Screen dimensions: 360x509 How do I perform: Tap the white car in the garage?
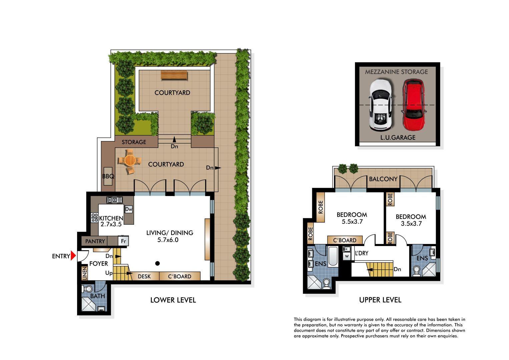pyautogui.click(x=380, y=105)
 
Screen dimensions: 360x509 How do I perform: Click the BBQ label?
pyautogui.click(x=108, y=176)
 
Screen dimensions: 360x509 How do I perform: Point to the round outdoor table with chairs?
pyautogui.click(x=129, y=161)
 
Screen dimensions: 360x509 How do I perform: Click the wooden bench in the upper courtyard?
pyautogui.click(x=174, y=75)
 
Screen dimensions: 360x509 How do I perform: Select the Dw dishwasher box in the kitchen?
pyautogui.click(x=129, y=209)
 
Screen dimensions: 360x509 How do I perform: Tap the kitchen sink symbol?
pyautogui.click(x=114, y=200)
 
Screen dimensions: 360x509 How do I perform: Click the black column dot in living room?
pyautogui.click(x=157, y=263)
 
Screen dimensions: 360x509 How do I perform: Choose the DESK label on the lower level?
pyautogui.click(x=144, y=276)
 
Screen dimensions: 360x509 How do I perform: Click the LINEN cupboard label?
pyautogui.click(x=85, y=273)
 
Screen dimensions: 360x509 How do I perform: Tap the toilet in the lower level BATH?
pyautogui.click(x=88, y=288)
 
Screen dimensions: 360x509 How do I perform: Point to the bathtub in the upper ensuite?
pyautogui.click(x=333, y=256)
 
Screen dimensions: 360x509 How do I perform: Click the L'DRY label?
pyautogui.click(x=362, y=253)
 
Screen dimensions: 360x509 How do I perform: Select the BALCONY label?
pyautogui.click(x=383, y=179)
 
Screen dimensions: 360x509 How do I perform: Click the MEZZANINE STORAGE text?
pyautogui.click(x=396, y=72)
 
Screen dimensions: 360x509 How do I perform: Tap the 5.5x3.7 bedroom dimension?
pyautogui.click(x=352, y=222)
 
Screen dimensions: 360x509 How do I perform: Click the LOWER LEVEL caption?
pyautogui.click(x=173, y=300)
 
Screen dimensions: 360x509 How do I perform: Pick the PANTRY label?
pyautogui.click(x=95, y=241)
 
